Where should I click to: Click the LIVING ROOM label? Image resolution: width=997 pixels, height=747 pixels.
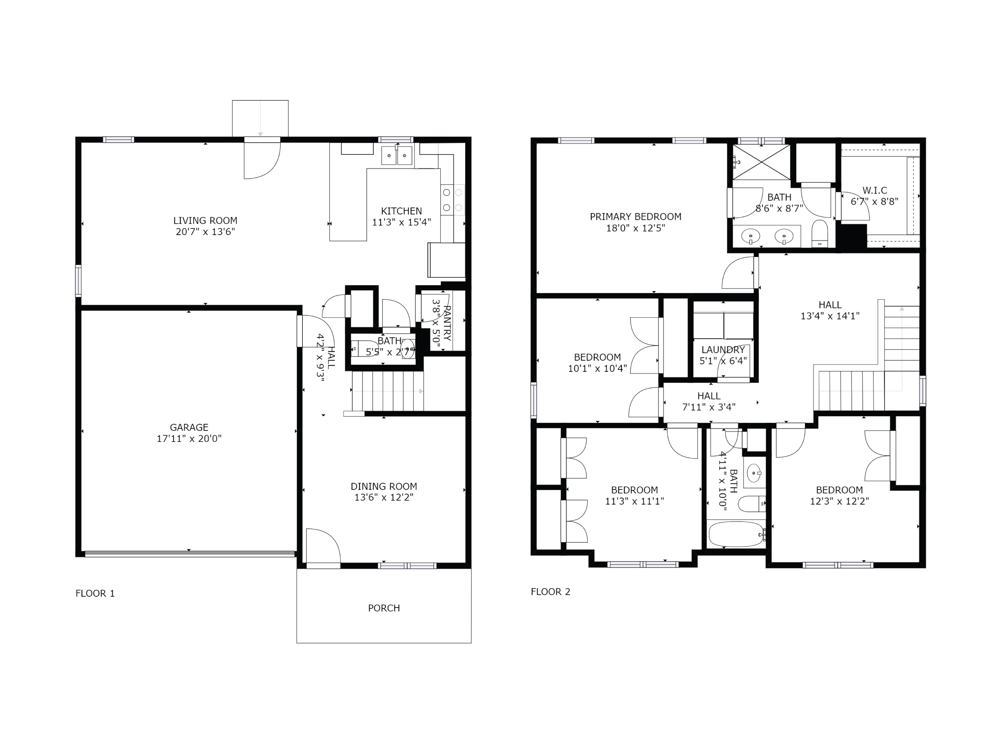(x=205, y=221)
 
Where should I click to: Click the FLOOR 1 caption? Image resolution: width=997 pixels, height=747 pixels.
(x=95, y=594)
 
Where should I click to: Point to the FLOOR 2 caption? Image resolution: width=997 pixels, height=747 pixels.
(x=550, y=592)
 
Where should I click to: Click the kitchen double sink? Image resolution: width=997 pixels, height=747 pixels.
(x=396, y=155)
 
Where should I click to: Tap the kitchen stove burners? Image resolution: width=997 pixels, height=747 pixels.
(x=452, y=200)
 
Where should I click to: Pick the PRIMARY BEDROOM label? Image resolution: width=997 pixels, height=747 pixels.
(x=635, y=216)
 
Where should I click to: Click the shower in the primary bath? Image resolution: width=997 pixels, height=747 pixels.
(x=761, y=162)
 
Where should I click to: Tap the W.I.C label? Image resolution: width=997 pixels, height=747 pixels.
(x=874, y=191)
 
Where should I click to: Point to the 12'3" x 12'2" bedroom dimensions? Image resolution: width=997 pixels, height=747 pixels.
(x=839, y=501)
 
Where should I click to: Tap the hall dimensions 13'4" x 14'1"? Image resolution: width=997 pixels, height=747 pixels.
(x=830, y=316)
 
